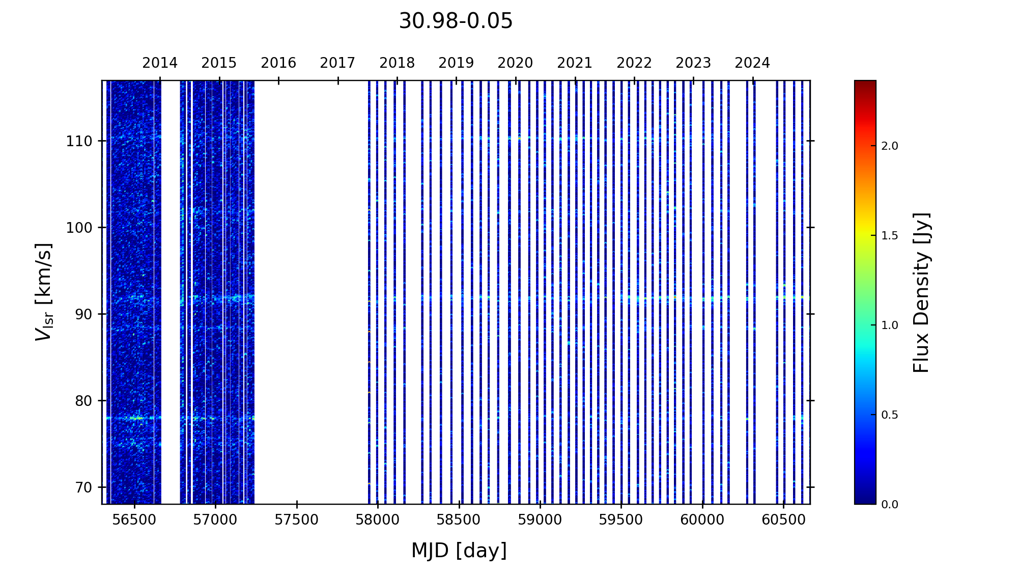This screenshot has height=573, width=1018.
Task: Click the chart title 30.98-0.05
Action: [x=456, y=21]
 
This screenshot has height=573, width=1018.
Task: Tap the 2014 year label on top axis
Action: [x=160, y=63]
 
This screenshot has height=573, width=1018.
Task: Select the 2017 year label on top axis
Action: [x=337, y=63]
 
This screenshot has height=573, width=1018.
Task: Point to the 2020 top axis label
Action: [x=515, y=63]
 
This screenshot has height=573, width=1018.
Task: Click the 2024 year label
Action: [x=752, y=63]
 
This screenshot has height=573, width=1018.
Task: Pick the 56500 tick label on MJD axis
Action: [x=134, y=520]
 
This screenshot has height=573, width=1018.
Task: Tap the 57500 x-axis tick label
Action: [x=297, y=520]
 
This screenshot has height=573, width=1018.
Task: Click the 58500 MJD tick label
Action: [x=459, y=520]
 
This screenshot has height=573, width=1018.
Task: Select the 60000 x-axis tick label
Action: [x=702, y=520]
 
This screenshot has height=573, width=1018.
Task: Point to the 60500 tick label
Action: [x=783, y=520]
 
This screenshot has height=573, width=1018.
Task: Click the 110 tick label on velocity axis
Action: [x=79, y=141]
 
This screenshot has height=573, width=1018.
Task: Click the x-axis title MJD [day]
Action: [x=459, y=551]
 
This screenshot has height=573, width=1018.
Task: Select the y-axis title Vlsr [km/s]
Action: [x=44, y=292]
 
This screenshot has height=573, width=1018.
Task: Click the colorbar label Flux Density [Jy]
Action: [x=921, y=292]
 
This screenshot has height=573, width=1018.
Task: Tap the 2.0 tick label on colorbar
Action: [x=890, y=146]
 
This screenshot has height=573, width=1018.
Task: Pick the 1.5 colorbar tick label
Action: [x=890, y=236]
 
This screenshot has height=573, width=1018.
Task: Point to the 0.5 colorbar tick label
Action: [x=890, y=415]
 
